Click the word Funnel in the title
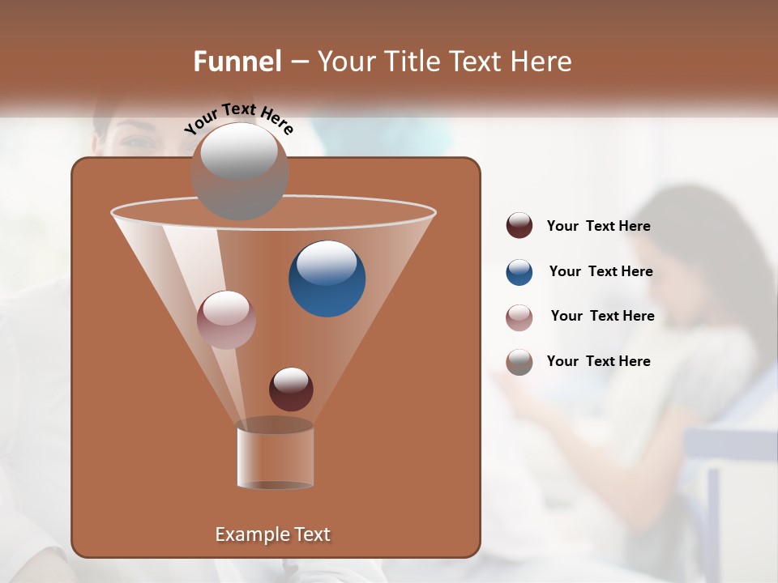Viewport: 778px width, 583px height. (x=237, y=62)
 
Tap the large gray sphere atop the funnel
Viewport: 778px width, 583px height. (x=239, y=171)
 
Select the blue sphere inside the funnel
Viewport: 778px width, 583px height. (x=327, y=279)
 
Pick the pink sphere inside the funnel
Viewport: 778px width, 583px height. (x=226, y=320)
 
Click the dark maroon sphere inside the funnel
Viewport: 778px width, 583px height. (x=291, y=389)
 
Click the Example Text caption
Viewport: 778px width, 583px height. (x=272, y=534)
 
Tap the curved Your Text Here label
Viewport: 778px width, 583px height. (x=238, y=118)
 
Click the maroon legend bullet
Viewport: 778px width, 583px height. (x=519, y=226)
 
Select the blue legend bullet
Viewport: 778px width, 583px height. (x=519, y=272)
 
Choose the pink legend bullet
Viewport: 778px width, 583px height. (x=519, y=317)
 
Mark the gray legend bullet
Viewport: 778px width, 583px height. (x=519, y=362)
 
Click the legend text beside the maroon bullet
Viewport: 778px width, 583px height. (x=598, y=227)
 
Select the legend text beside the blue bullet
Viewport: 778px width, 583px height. (x=601, y=272)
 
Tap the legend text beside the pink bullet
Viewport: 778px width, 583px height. (x=602, y=317)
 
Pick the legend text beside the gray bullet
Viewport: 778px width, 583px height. (x=598, y=362)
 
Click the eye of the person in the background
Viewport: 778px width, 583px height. (x=139, y=141)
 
